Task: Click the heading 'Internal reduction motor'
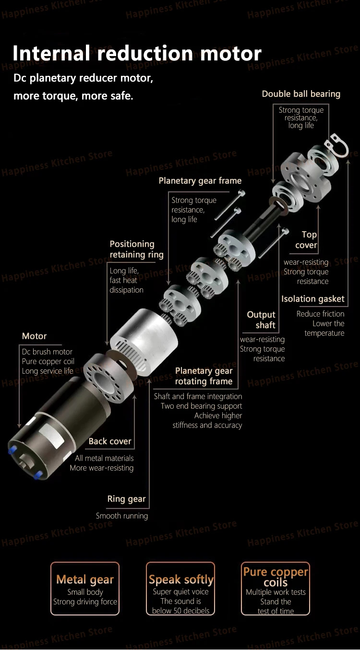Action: tap(137, 53)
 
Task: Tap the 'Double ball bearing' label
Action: tap(301, 94)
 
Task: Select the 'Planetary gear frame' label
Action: tap(200, 181)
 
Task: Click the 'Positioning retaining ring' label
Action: tap(136, 249)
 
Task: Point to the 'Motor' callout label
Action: tap(35, 336)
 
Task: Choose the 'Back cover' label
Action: tap(110, 441)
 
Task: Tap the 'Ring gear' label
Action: tap(126, 499)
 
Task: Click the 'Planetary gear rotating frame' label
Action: tap(204, 376)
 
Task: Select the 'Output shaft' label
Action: tap(261, 320)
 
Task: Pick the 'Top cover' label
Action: tap(307, 240)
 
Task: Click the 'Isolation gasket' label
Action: tap(313, 299)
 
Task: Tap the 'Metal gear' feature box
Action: tap(85, 589)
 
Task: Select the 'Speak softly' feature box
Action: tap(181, 589)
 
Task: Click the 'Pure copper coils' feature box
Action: tap(276, 589)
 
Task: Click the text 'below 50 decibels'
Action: tap(181, 611)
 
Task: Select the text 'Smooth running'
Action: tap(122, 516)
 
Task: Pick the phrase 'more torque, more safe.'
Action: tap(73, 95)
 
